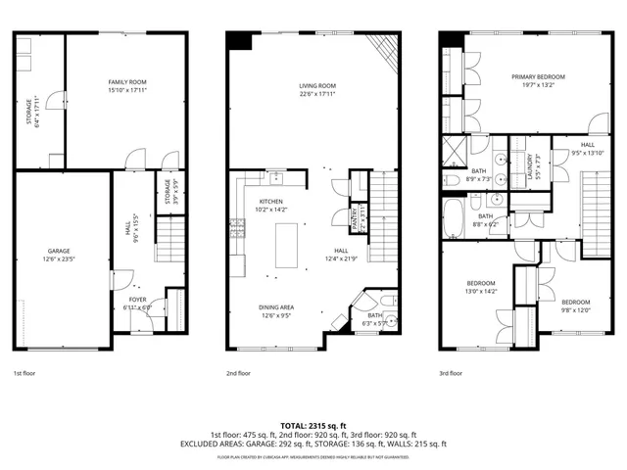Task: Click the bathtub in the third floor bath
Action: click(x=455, y=220)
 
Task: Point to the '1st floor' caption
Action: click(x=26, y=373)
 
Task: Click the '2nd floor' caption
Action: click(x=238, y=373)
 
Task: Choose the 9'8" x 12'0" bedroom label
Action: click(x=575, y=305)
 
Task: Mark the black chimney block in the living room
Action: click(x=237, y=40)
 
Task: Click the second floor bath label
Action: click(x=374, y=318)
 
